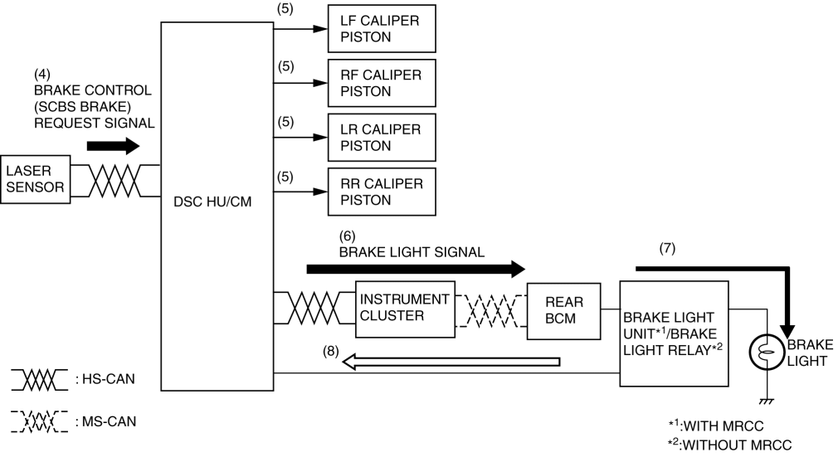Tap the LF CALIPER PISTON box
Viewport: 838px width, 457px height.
(382, 27)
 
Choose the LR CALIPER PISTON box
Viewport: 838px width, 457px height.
(382, 137)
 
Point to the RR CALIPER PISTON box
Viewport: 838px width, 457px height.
(382, 192)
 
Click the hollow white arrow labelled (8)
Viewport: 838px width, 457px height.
(453, 360)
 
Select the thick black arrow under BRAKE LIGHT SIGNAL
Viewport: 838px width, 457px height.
(415, 269)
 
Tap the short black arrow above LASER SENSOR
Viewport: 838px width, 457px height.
(111, 147)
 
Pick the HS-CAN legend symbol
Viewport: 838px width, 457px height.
(38, 379)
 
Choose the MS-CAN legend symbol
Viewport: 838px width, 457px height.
(38, 421)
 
